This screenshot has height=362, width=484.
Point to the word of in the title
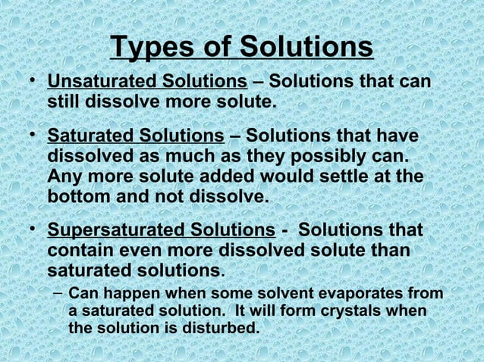point(224,47)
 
